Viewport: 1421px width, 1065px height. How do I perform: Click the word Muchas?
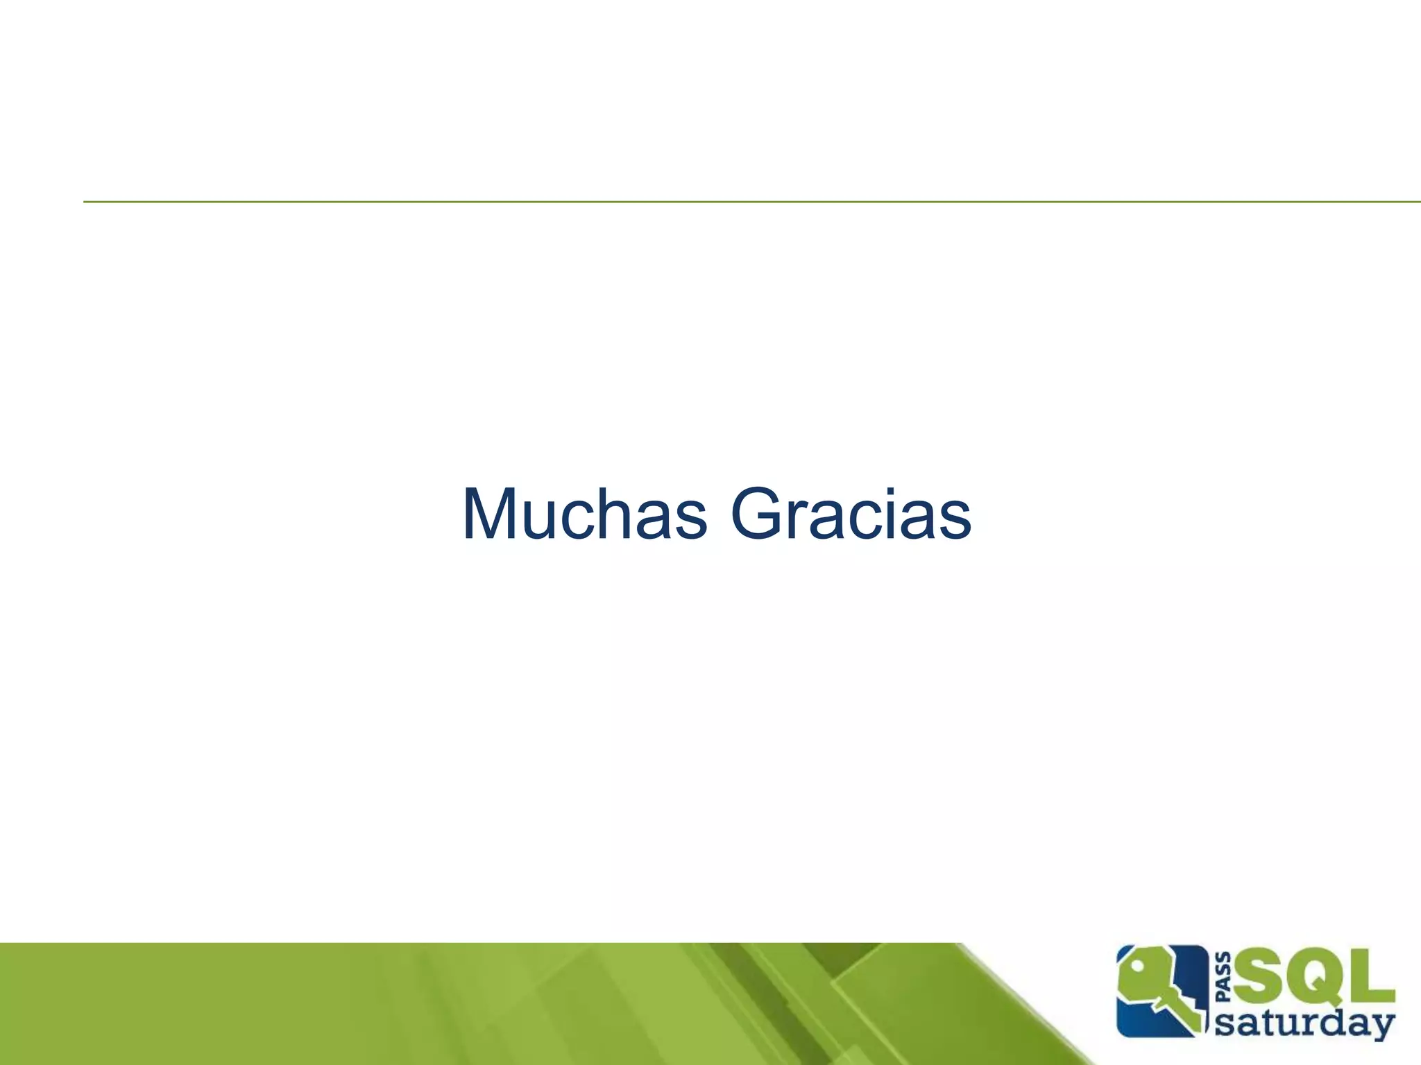click(x=584, y=514)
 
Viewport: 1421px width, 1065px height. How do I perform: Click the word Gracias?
click(x=851, y=514)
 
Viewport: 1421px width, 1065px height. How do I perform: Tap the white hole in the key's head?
click(x=1138, y=966)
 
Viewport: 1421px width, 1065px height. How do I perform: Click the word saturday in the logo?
click(x=1304, y=1024)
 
